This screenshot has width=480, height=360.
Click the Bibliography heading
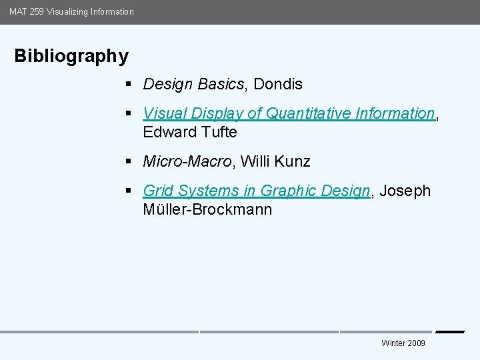pos(71,56)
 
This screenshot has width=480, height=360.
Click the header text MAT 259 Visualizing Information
pos(71,11)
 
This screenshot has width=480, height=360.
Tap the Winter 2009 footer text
pos(403,343)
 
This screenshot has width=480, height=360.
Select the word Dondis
pos(278,84)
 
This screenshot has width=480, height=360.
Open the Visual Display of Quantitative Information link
pos(289,113)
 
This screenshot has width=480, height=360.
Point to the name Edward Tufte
pos(190,132)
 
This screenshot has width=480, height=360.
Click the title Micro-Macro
pos(187,161)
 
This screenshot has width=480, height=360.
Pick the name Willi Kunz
pos(275,161)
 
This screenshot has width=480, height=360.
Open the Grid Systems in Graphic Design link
pos(257,191)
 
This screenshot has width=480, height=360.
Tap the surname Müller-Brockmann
pos(207,209)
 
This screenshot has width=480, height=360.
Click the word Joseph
pos(405,191)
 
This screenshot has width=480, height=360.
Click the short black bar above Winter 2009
pos(449,331)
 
